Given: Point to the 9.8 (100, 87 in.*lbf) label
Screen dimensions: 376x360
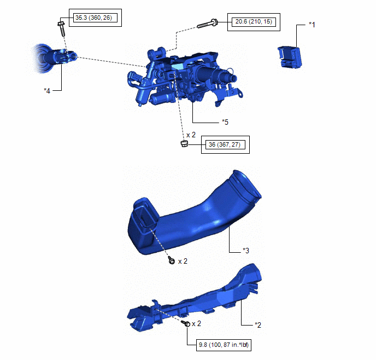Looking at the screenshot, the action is [x=224, y=345].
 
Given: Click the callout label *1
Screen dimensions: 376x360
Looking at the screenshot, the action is [x=312, y=25].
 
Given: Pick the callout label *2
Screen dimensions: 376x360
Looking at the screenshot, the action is [x=258, y=325].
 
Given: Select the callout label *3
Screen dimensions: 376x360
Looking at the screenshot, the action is [x=246, y=251].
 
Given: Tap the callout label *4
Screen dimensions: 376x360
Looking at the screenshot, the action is [x=47, y=91].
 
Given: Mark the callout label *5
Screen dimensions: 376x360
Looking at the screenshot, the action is [x=225, y=122].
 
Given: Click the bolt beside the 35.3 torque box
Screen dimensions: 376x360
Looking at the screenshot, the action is [x=61, y=29].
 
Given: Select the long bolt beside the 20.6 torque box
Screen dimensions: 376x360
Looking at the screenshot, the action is [x=208, y=24].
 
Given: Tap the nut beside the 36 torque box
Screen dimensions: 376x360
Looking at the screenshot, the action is [x=184, y=144].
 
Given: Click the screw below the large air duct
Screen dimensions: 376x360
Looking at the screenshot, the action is [x=172, y=260].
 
